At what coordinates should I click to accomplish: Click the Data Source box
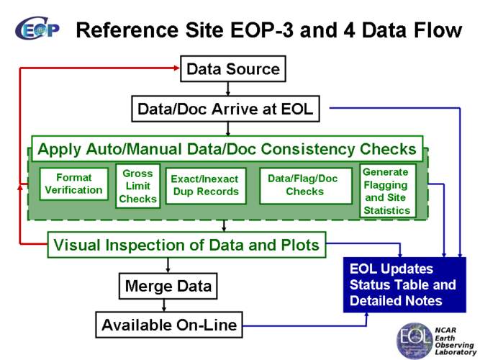pos(232,69)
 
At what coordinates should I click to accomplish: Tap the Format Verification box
pos(73,184)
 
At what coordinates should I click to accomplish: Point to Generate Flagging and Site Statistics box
pos(386,191)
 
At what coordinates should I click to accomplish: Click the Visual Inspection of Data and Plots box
pos(186,245)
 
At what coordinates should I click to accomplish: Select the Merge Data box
pos(168,286)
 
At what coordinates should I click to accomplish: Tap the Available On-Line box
pos(169,325)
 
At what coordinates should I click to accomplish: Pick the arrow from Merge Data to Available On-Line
pos(167,305)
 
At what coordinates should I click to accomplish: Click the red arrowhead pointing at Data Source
pos(175,68)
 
